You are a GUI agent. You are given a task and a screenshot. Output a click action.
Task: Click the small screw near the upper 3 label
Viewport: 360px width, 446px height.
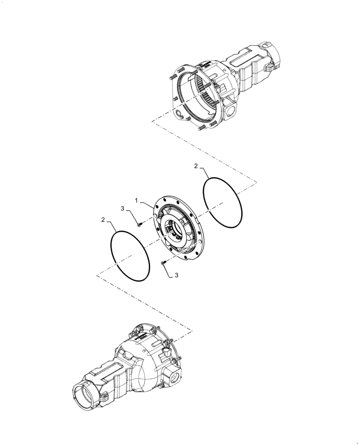139,225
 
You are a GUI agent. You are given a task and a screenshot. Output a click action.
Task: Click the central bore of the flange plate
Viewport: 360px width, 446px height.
176,230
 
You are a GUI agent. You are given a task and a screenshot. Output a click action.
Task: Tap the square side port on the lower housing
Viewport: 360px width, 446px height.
172,380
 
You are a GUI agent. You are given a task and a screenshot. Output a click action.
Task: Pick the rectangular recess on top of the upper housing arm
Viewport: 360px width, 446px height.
241,58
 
